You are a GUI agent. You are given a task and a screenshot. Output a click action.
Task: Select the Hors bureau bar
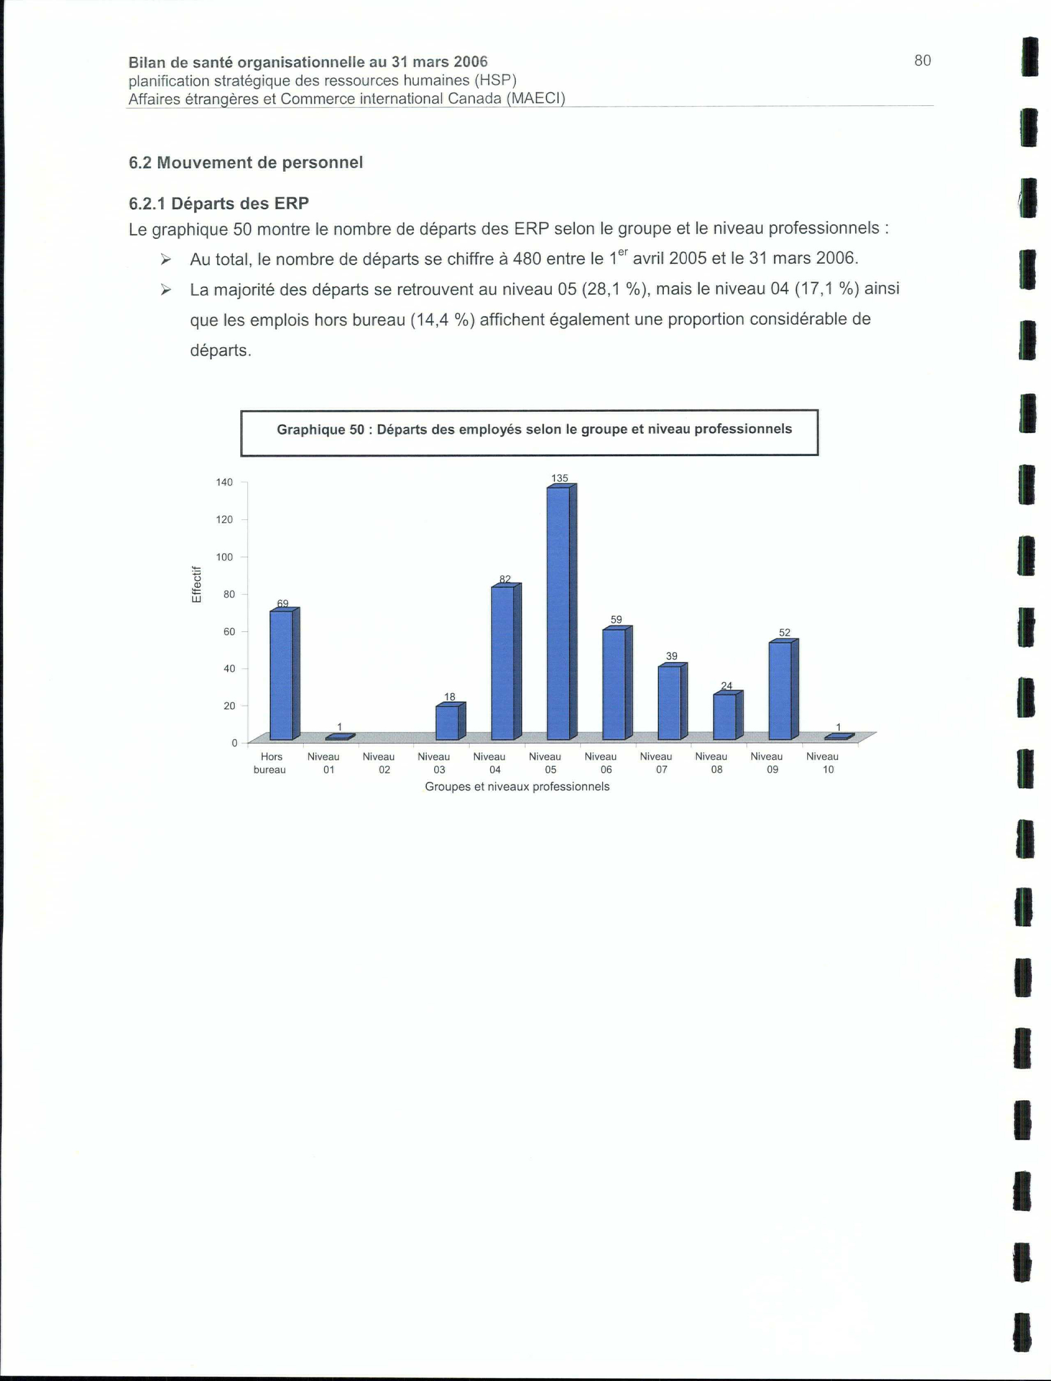tap(281, 675)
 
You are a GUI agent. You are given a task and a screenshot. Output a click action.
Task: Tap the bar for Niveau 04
tap(502, 663)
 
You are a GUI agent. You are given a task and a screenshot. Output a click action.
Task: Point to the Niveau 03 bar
tap(446, 723)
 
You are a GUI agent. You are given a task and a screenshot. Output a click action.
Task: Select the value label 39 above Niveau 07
tap(671, 656)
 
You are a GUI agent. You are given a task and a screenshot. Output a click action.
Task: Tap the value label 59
tap(616, 619)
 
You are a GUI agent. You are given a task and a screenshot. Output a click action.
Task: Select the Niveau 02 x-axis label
tap(379, 763)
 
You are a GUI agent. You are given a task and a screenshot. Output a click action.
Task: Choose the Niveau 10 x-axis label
tap(822, 763)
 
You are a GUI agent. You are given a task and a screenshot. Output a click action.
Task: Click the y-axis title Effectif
tap(196, 584)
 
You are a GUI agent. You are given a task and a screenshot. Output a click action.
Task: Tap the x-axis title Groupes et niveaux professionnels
tap(517, 786)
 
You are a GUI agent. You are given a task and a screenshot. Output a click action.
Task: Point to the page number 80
tap(922, 60)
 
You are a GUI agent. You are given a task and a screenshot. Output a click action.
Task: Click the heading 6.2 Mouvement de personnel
tap(246, 162)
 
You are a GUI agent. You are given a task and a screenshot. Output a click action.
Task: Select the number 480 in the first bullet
tap(527, 259)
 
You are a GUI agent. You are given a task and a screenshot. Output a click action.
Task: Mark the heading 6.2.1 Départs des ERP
tap(219, 203)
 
